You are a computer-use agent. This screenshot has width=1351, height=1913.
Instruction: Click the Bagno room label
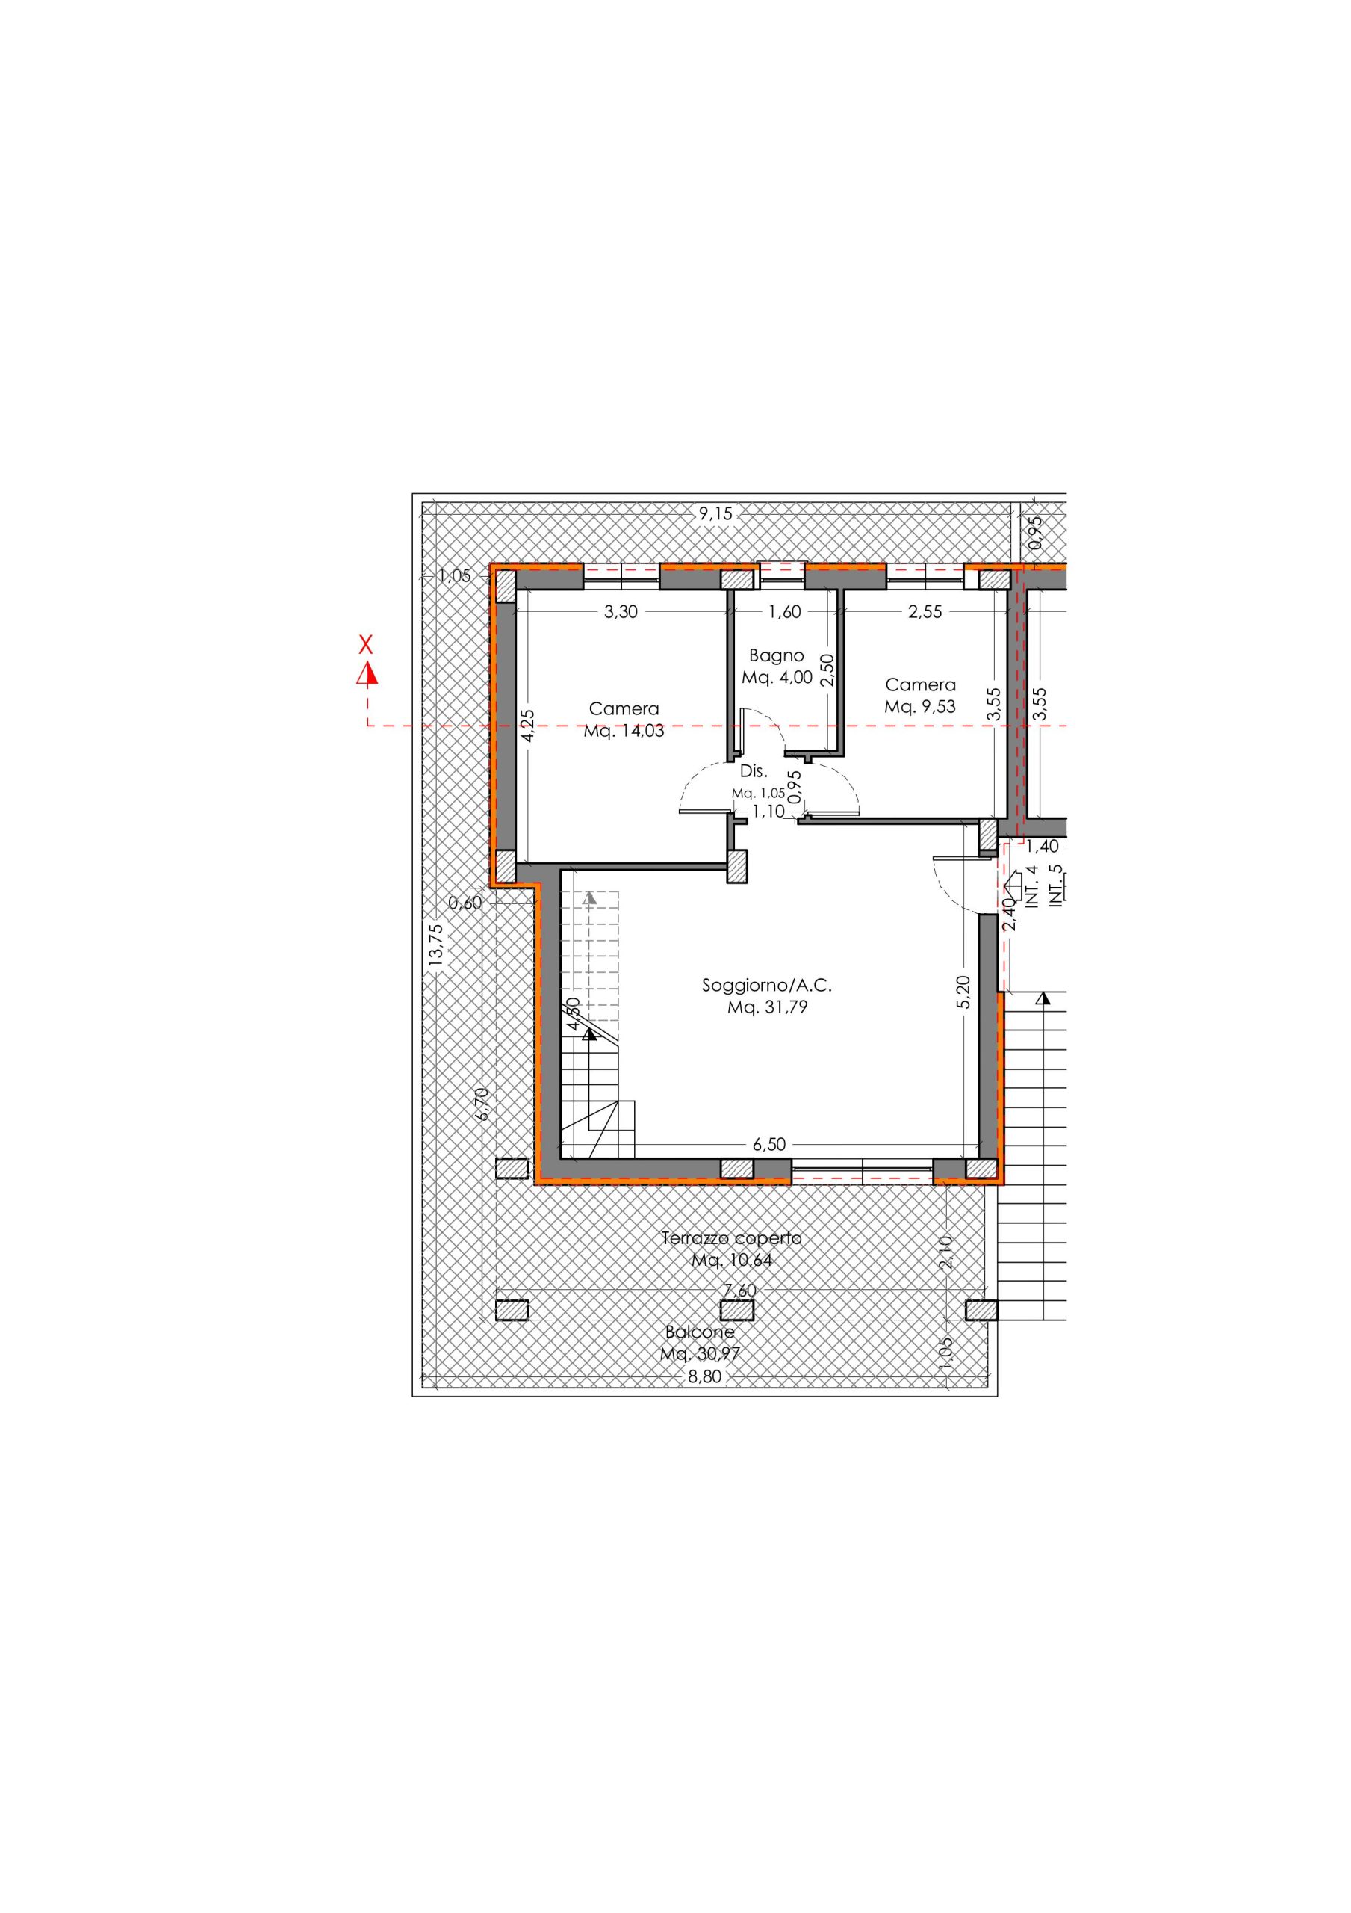point(776,655)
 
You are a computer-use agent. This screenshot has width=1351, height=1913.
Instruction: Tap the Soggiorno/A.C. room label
point(767,985)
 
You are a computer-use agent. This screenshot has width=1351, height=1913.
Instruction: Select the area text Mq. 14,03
point(624,732)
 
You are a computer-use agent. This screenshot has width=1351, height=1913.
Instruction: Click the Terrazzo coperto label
point(731,1261)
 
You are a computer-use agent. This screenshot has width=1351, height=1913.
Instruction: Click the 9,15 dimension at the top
point(715,514)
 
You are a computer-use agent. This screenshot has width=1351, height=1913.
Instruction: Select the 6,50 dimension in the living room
point(768,1144)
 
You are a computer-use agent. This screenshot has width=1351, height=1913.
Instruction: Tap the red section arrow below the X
point(367,673)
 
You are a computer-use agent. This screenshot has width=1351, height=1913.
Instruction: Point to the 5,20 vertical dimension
point(963,992)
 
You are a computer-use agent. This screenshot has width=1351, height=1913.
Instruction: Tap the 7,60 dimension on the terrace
point(739,1313)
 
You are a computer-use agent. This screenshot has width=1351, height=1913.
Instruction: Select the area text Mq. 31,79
point(767,1007)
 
